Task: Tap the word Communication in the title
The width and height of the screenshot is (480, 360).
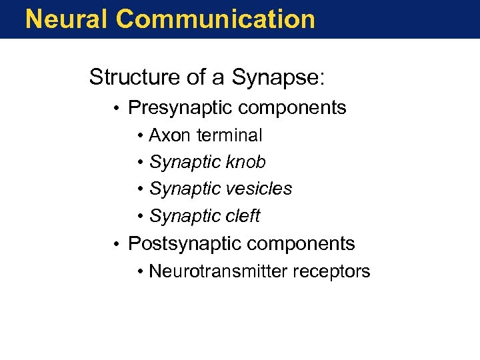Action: [x=215, y=19]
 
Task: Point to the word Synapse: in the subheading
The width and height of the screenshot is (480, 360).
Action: [x=279, y=79]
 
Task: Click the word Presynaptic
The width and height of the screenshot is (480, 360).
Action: [x=181, y=108]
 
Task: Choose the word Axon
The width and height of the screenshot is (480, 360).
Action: [x=169, y=135]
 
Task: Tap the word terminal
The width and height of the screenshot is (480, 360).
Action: [x=229, y=135]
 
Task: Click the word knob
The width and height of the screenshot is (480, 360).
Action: [x=247, y=162]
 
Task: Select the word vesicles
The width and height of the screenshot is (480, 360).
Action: [x=260, y=189]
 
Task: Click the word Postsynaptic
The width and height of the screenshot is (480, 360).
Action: [x=185, y=244]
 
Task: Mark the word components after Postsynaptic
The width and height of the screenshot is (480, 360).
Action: [x=302, y=244]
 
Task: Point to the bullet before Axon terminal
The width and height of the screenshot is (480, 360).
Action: [x=141, y=136]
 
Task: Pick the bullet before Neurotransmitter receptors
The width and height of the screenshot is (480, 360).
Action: [x=141, y=272]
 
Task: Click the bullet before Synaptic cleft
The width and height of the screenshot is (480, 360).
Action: [x=141, y=217]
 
